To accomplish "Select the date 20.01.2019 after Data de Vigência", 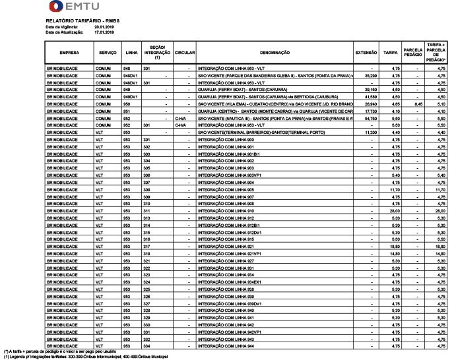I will click(x=105, y=26).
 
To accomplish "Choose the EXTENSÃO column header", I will click(x=366, y=51).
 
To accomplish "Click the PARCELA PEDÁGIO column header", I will click(x=413, y=51).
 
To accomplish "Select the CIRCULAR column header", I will click(x=185, y=51).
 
